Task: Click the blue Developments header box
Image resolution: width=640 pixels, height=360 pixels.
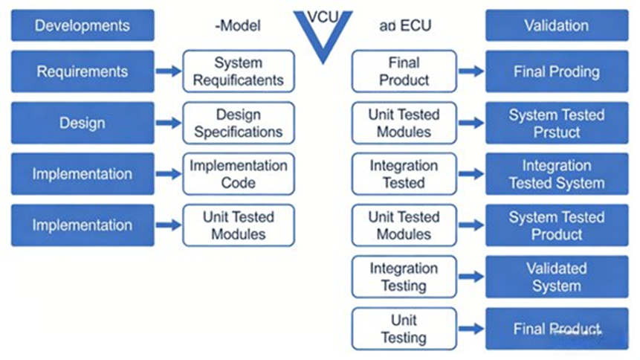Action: (83, 25)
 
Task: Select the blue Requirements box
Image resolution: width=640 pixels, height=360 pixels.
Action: (83, 71)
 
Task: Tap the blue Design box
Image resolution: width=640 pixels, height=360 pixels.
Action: (83, 123)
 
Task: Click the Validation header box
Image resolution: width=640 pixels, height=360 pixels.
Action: (556, 25)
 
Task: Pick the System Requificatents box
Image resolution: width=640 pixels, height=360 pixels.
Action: (239, 71)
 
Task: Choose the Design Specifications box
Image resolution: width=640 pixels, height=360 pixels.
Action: (239, 123)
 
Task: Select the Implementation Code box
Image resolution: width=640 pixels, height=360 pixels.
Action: (239, 174)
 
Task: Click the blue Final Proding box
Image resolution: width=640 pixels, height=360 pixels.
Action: (556, 71)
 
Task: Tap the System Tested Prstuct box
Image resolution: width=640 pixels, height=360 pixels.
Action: (556, 123)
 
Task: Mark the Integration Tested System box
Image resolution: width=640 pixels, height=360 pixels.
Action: (556, 174)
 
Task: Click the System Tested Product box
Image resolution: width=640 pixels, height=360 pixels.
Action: (556, 225)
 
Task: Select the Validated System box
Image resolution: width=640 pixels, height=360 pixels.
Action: (556, 277)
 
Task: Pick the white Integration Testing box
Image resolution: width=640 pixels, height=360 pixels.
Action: (404, 277)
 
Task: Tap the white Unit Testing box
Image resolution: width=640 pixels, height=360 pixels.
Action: (404, 328)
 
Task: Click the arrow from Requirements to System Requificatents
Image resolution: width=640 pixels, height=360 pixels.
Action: (169, 71)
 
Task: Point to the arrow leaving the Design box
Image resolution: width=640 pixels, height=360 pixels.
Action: (169, 123)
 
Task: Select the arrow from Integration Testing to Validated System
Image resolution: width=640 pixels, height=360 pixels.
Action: (471, 277)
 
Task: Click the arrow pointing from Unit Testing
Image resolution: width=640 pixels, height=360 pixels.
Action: (471, 328)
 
